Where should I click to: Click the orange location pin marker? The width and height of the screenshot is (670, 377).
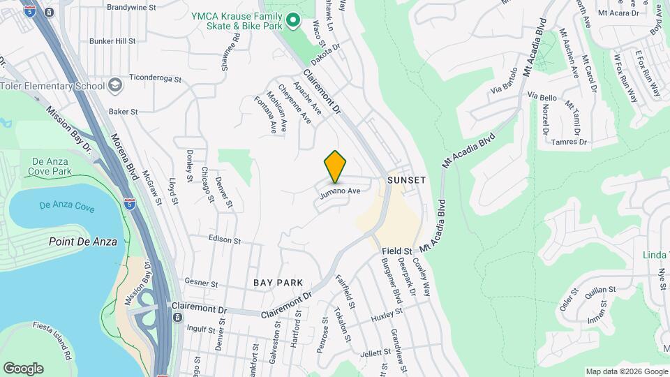336,166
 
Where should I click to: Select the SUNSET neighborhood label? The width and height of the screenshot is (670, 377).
406,180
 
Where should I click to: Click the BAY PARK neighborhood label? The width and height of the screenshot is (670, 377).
278,283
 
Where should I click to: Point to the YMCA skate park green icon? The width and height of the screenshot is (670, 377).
293,22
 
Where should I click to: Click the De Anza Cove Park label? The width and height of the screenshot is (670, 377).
52,166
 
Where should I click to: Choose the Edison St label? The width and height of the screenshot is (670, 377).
224,239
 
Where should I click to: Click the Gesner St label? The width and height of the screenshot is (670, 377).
202,283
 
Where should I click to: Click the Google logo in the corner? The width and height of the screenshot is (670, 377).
23,369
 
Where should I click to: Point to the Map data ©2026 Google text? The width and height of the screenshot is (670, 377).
626,371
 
